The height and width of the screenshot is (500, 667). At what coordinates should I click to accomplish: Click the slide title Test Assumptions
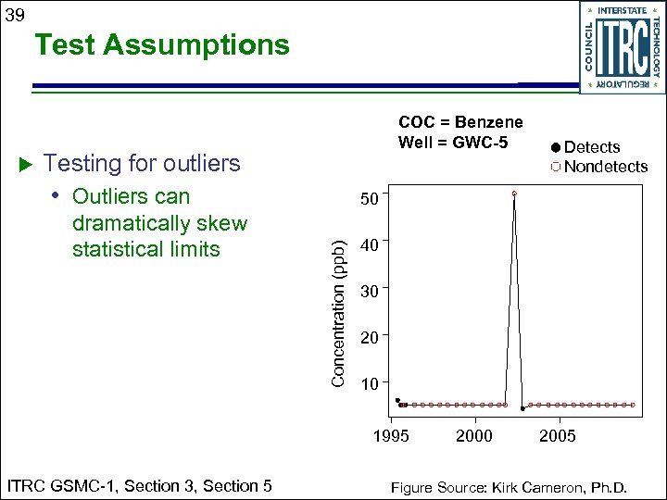pyautogui.click(x=162, y=44)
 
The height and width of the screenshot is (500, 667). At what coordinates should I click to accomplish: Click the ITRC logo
pyautogui.click(x=621, y=46)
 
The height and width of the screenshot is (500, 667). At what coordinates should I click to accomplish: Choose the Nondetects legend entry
pyautogui.click(x=598, y=167)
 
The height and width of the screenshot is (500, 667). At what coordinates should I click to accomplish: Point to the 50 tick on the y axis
pyautogui.click(x=369, y=199)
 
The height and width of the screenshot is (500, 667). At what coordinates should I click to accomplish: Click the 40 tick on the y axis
pyautogui.click(x=369, y=245)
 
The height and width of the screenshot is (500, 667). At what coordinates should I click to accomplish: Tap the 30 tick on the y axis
pyautogui.click(x=369, y=292)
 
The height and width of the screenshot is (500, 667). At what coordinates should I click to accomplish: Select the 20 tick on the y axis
pyautogui.click(x=369, y=338)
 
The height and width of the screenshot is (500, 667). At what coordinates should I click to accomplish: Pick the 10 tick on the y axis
pyautogui.click(x=369, y=384)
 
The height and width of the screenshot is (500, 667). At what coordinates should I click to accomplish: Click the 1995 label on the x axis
pyautogui.click(x=391, y=436)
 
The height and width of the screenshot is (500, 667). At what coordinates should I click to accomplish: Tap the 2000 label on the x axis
pyautogui.click(x=474, y=436)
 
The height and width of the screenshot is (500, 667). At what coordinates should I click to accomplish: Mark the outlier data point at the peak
pyautogui.click(x=513, y=194)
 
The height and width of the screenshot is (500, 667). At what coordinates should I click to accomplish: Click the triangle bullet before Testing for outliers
pyautogui.click(x=26, y=164)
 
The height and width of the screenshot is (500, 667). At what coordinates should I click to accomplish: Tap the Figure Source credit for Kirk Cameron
pyautogui.click(x=509, y=487)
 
